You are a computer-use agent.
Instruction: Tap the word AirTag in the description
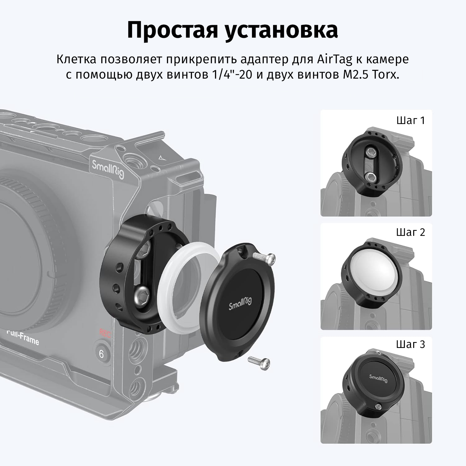click(x=335, y=60)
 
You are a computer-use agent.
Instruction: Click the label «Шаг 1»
click(x=410, y=121)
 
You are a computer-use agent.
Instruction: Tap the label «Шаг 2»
click(x=410, y=232)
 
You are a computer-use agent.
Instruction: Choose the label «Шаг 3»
click(x=410, y=345)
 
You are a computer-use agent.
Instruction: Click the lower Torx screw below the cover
click(x=259, y=361)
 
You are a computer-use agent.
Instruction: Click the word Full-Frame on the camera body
click(x=23, y=337)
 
